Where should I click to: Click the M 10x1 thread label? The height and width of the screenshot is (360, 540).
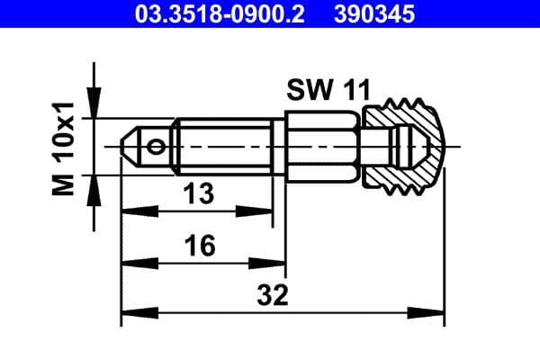tap(64, 148)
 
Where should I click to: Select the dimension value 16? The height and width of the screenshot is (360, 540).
tap(202, 246)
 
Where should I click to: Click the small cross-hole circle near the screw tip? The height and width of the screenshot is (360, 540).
tap(157, 146)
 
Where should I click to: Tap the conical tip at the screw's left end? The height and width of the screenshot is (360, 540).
tap(131, 146)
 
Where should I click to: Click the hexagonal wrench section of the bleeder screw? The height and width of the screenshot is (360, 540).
tap(323, 146)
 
